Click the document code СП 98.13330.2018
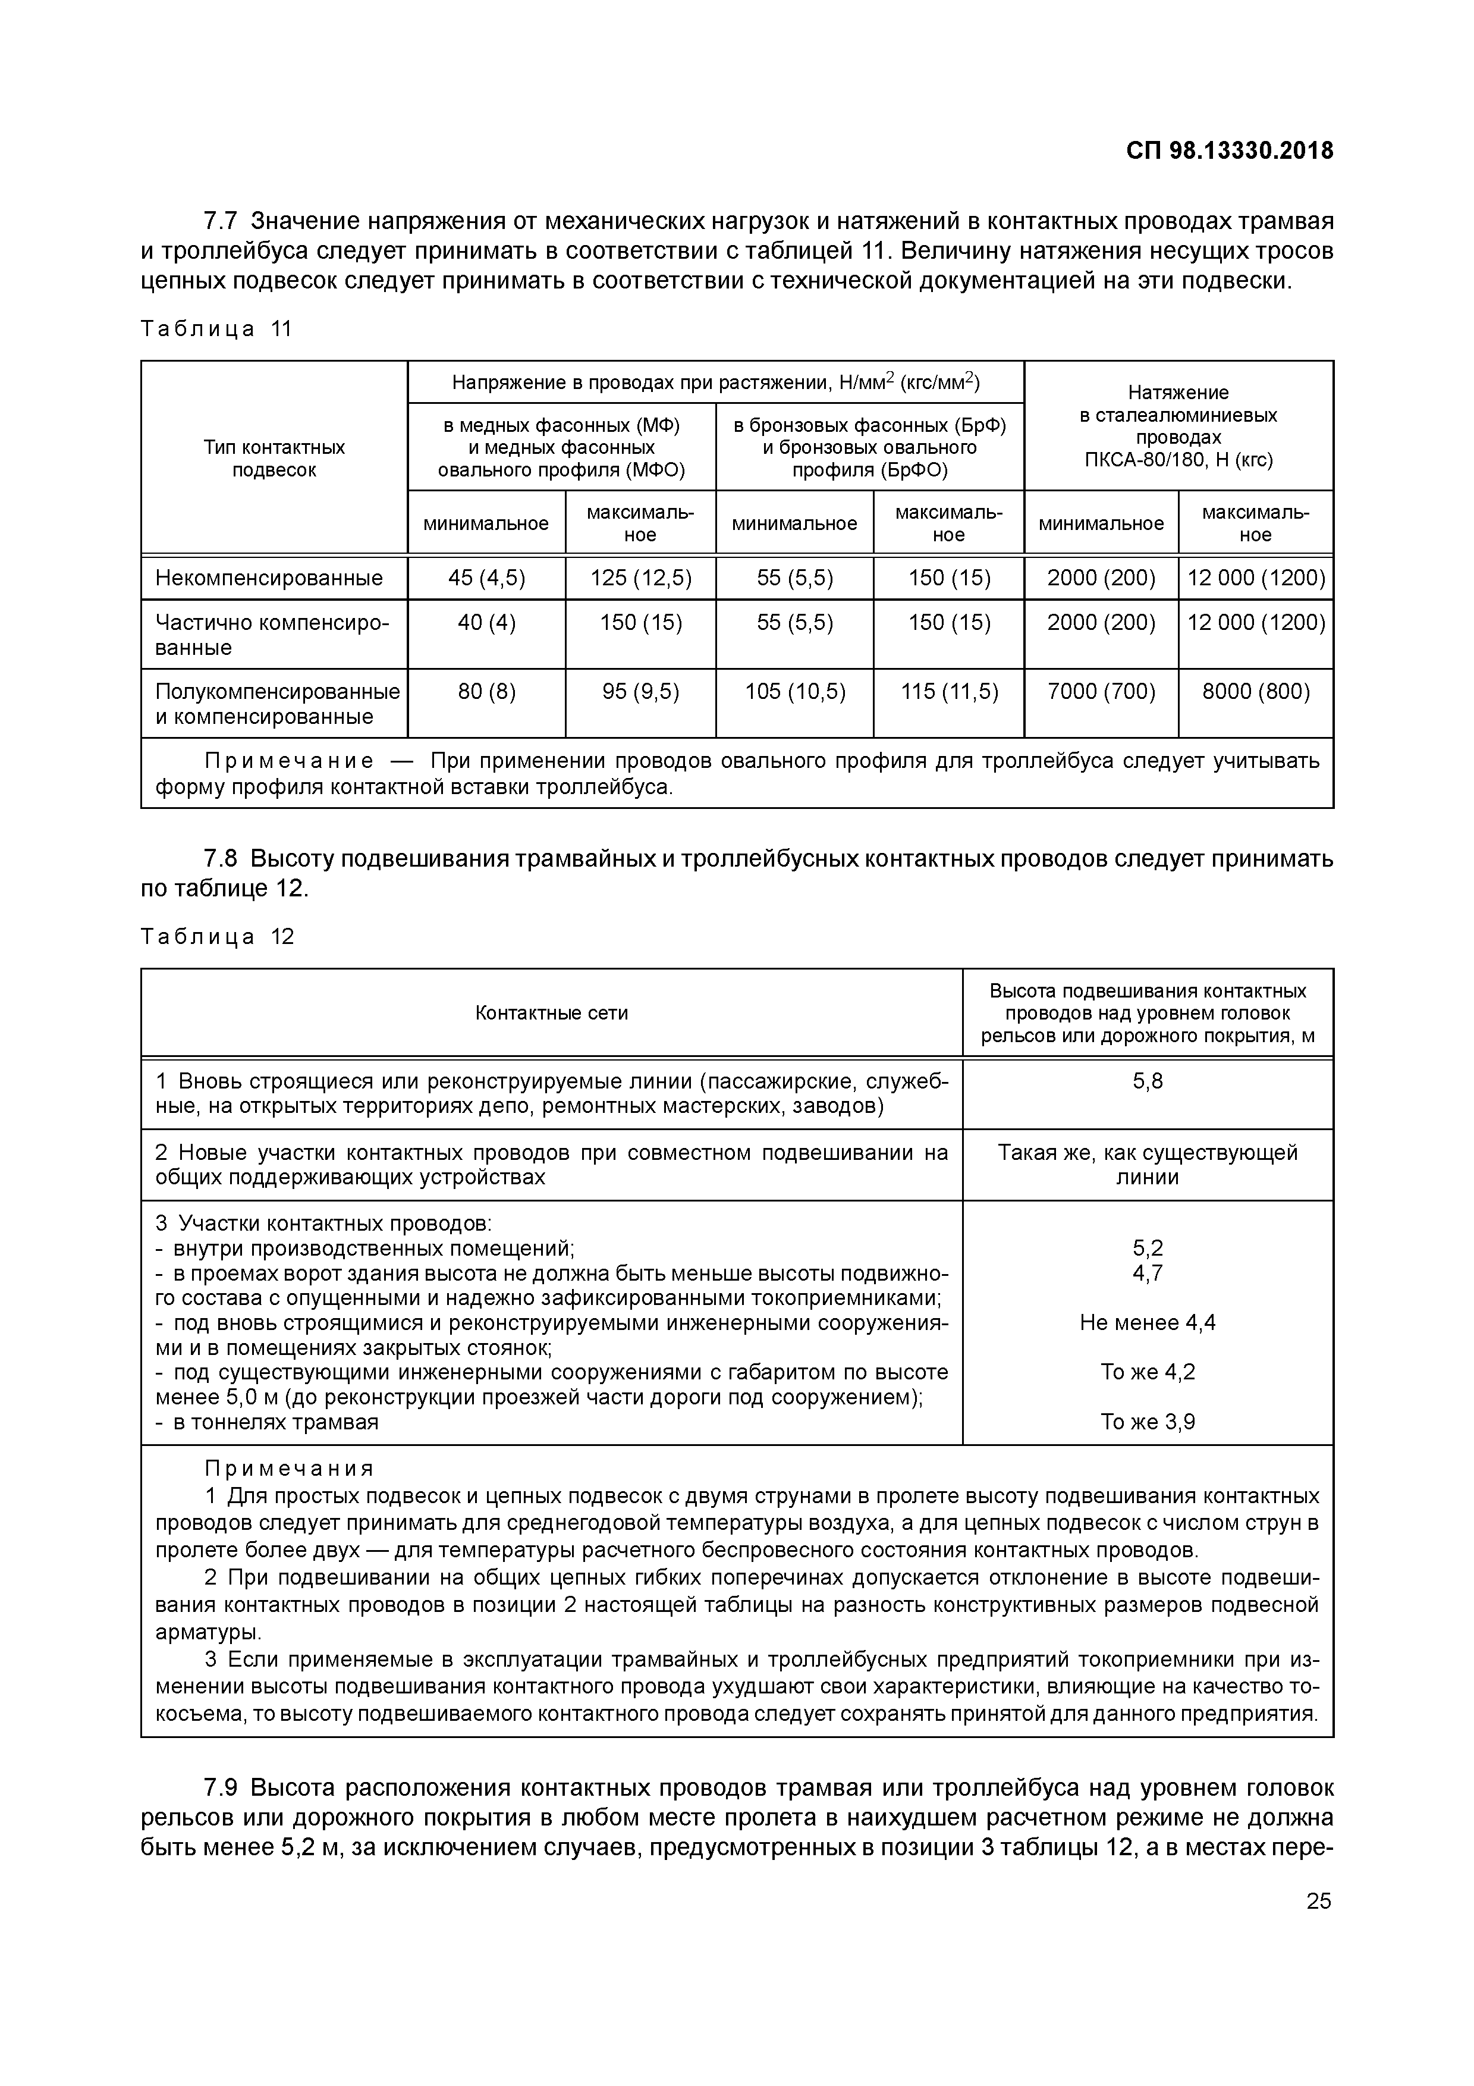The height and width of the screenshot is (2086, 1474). (x=1230, y=151)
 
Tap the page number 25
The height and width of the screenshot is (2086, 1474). (x=1318, y=1926)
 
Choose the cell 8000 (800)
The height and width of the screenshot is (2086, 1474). (x=1255, y=692)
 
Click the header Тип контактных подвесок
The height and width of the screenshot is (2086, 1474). (x=274, y=458)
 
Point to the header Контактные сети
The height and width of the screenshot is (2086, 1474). (x=551, y=1013)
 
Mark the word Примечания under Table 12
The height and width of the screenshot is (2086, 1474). (x=289, y=1469)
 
